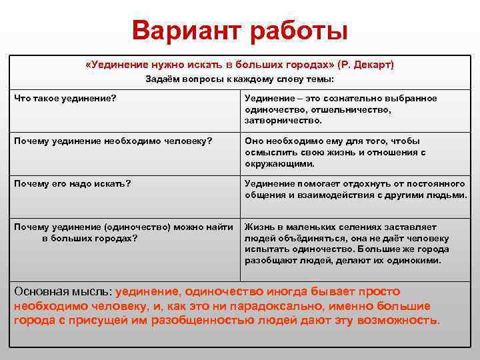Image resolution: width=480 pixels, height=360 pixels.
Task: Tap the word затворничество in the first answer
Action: [x=283, y=121]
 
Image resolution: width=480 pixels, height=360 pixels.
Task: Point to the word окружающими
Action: [x=279, y=163]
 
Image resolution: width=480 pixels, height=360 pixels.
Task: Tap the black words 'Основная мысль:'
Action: [x=63, y=291]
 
